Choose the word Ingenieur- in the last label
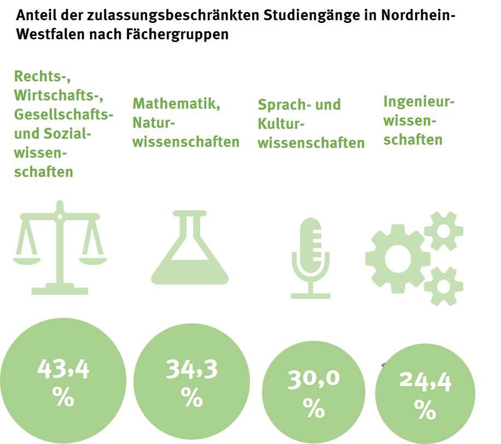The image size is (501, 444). tap(419, 102)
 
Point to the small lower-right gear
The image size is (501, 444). tap(444, 286)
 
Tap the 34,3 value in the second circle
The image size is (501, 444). tap(191, 370)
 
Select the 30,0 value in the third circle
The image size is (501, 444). tap(313, 379)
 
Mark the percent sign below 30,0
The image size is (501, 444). tap(313, 407)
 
